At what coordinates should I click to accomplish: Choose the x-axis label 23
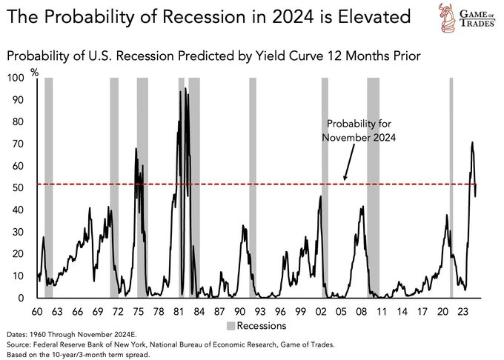pos(462,311)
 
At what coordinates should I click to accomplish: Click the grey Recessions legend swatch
pos(231,325)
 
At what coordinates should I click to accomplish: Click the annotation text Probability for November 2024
pos(360,130)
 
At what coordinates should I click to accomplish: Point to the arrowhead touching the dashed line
pos(345,179)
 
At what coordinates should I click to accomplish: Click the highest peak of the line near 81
pos(180,92)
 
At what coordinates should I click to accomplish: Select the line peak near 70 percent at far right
pos(472,142)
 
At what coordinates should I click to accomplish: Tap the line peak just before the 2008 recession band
pos(362,207)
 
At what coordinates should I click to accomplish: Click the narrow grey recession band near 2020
pos(451,185)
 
